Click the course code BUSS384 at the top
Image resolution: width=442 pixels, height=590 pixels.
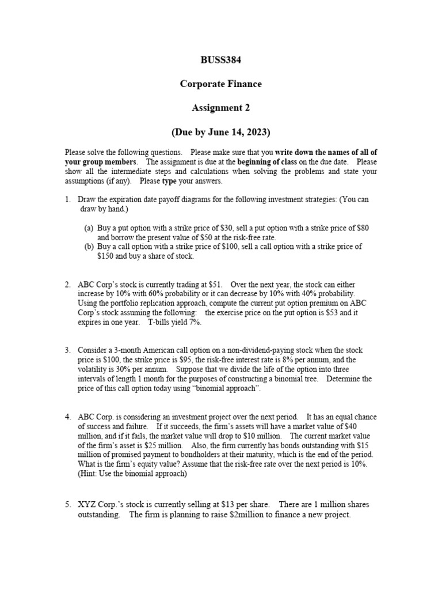220,59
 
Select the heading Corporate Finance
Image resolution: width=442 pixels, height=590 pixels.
220,84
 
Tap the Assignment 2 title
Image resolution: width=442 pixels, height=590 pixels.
220,107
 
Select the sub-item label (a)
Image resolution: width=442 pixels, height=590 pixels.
89,228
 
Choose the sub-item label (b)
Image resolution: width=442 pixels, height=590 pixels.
89,247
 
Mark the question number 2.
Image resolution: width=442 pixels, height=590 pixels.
67,285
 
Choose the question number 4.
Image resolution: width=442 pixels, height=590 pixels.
67,417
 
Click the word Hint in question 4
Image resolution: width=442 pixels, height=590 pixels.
90,473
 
